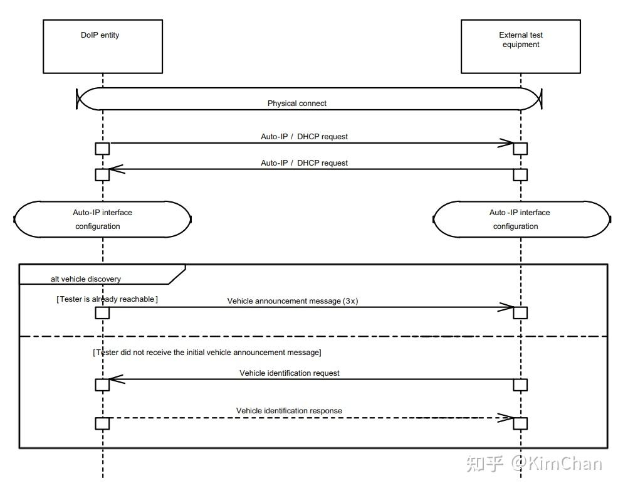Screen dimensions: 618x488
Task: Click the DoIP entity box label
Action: tap(100, 34)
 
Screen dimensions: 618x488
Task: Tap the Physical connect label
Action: tap(297, 103)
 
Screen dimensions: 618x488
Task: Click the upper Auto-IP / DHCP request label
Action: tap(304, 137)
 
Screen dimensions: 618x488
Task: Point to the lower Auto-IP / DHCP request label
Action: tap(304, 163)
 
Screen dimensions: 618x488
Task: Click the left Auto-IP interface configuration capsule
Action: tap(102, 202)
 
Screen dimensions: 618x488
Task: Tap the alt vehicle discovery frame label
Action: tap(85, 279)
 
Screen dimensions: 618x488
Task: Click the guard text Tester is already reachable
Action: tap(107, 299)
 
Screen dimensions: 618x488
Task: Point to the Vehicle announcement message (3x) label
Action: tap(293, 301)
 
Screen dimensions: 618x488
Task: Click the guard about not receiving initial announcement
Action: tap(207, 353)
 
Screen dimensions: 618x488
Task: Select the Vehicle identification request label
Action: tap(290, 373)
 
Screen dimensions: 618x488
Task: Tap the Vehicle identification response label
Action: tap(289, 411)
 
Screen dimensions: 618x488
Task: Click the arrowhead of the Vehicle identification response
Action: tap(513, 418)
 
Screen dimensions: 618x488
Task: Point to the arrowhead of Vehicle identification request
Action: tap(110, 379)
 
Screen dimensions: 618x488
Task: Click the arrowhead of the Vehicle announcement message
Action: tap(513, 307)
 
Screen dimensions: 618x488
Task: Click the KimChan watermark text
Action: tap(557, 463)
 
